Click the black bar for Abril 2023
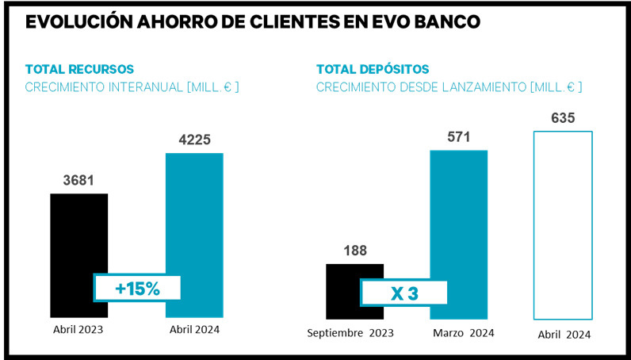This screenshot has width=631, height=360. (78, 230)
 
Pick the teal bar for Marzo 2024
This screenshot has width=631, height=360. (458, 214)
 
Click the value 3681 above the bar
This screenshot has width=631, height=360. (78, 181)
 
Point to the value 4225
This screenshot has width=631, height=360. (194, 140)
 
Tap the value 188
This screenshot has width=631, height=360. (354, 251)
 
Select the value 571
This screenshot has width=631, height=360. (458, 137)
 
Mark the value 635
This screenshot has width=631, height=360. (562, 119)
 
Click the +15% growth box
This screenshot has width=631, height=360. (138, 288)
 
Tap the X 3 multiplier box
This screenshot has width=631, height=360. (404, 292)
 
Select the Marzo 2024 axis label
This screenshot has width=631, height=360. (464, 332)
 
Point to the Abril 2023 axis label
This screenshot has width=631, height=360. (78, 327)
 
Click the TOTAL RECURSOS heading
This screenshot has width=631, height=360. (79, 69)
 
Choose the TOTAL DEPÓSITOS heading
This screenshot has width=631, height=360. (373, 69)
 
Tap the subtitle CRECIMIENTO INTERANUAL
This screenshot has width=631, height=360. (132, 86)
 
